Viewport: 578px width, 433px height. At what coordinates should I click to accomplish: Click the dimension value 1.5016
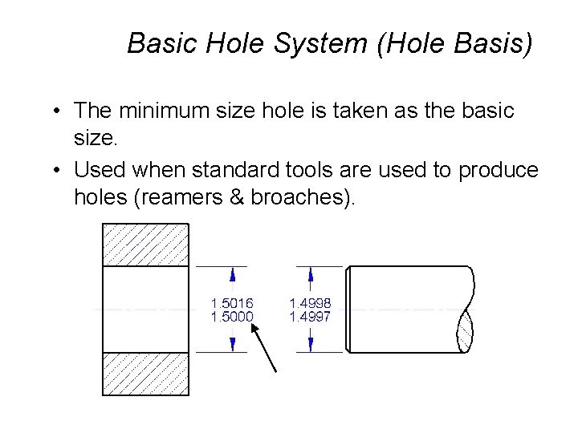pyautogui.click(x=232, y=303)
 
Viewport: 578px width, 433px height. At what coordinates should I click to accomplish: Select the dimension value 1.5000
pyautogui.click(x=232, y=317)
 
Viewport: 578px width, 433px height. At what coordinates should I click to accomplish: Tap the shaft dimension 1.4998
pyautogui.click(x=310, y=303)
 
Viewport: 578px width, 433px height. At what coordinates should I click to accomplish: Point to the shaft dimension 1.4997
pyautogui.click(x=310, y=317)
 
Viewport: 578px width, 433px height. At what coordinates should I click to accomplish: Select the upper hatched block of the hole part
pyautogui.click(x=145, y=245)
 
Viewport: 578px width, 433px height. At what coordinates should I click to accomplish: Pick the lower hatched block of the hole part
pyautogui.click(x=145, y=373)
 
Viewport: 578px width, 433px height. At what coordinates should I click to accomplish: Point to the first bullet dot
pyautogui.click(x=59, y=111)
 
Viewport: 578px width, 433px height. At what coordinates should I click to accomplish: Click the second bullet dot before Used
pyautogui.click(x=59, y=170)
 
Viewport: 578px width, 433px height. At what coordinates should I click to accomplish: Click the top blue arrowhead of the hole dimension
pyautogui.click(x=233, y=274)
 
